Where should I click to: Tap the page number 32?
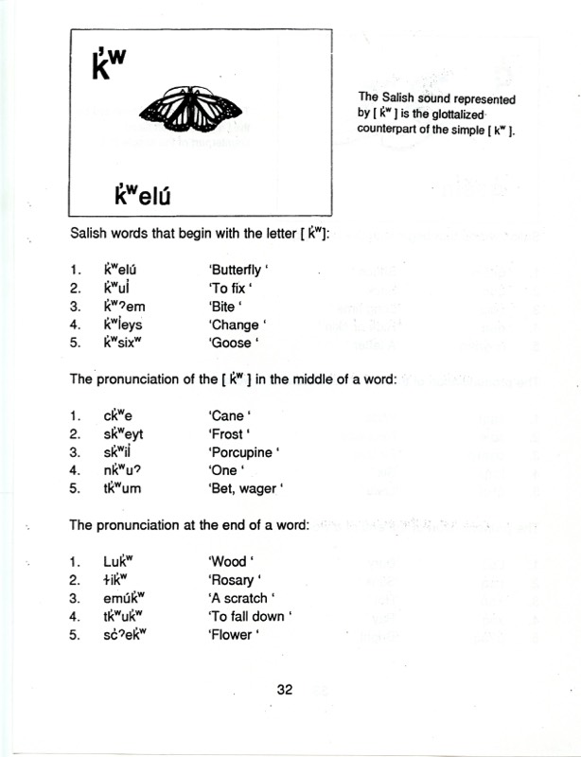tap(285, 690)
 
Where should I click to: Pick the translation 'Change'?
tap(233, 324)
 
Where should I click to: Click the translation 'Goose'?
tap(232, 342)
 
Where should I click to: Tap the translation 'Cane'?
tap(228, 414)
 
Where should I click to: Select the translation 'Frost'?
tap(228, 433)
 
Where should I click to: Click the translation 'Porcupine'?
tap(243, 451)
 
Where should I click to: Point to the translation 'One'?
tap(224, 469)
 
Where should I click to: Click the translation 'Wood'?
tap(228, 561)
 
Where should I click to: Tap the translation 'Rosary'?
tap(233, 579)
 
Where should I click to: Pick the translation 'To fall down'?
tap(249, 616)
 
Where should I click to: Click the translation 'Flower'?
tap(232, 634)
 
